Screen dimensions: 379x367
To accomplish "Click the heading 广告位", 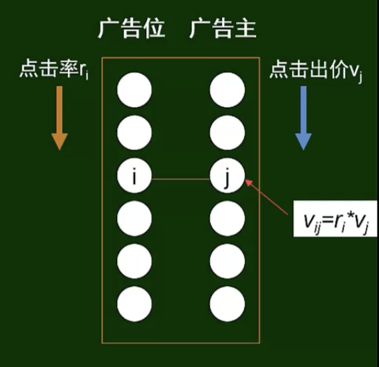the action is point(132,29).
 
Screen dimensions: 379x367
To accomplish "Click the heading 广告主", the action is point(223,29).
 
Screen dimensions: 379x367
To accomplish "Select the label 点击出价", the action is point(307,69).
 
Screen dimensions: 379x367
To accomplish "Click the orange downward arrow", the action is point(59,118).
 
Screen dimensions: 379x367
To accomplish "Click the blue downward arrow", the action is point(303,118).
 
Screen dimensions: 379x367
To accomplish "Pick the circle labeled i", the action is point(134,176).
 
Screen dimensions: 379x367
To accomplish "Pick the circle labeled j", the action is point(227,176).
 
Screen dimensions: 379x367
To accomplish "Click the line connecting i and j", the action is point(181,179).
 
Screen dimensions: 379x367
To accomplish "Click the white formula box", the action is point(335,219).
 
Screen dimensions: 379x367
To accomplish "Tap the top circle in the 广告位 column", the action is point(134,90).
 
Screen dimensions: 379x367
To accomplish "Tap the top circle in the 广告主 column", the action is point(227,90).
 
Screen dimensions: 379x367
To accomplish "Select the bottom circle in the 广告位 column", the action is point(134,304).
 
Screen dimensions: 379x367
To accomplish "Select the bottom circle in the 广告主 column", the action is point(227,304).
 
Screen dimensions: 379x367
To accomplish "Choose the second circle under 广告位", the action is point(134,133).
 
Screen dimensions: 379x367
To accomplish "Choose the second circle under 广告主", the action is point(227,133).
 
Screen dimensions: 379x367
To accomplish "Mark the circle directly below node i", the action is point(134,218).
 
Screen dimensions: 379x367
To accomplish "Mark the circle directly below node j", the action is point(227,218).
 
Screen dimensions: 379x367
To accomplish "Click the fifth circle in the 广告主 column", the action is point(227,261).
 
